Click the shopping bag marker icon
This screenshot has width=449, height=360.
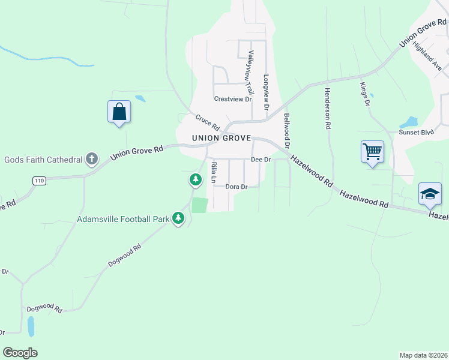(x=119, y=112)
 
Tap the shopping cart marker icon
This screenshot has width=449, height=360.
(x=372, y=151)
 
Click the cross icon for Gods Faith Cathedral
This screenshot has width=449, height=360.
(x=91, y=159)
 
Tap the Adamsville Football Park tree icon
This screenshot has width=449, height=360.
(x=178, y=218)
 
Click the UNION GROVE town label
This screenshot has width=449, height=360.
(x=220, y=138)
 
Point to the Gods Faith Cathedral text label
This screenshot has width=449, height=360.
(x=43, y=160)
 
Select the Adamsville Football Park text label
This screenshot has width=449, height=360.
(x=123, y=219)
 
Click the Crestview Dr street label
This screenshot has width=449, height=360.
(x=232, y=99)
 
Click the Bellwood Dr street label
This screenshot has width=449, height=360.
(x=287, y=131)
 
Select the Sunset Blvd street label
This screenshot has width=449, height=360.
(x=417, y=131)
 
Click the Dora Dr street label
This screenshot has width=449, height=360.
(x=237, y=187)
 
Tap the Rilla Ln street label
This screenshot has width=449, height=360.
(x=213, y=173)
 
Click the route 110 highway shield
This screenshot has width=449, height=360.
(x=39, y=181)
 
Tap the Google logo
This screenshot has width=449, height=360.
(x=20, y=353)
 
